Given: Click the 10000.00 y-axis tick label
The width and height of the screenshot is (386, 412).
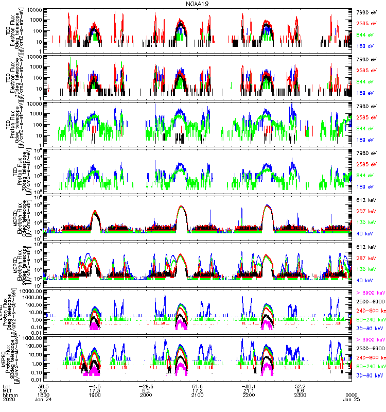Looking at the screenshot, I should [32, 291].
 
